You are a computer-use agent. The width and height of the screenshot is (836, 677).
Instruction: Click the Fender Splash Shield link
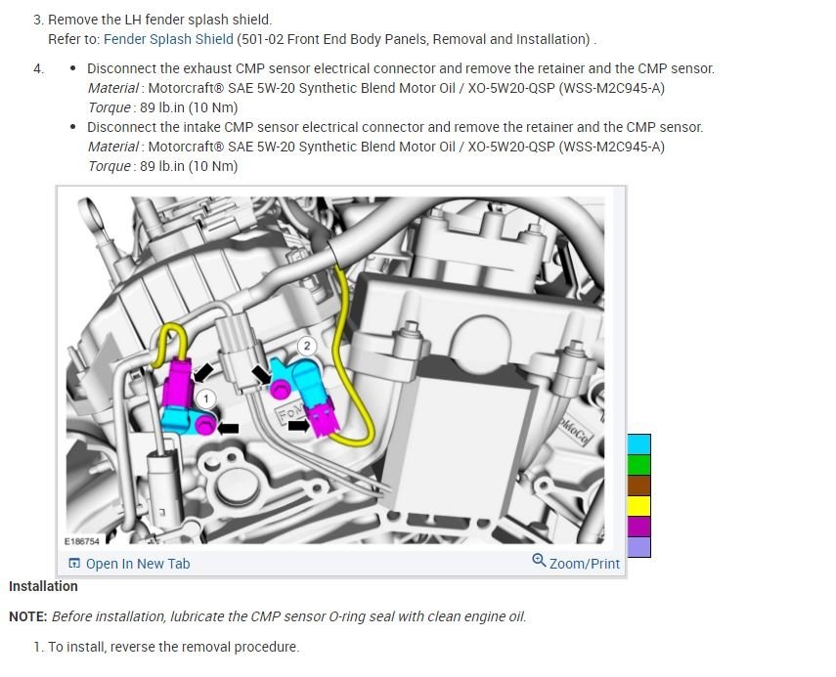(x=168, y=39)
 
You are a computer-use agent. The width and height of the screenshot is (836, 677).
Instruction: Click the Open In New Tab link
(x=138, y=564)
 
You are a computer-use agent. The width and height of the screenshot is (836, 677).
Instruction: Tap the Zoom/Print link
(x=585, y=564)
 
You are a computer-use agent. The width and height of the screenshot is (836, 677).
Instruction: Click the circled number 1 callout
(x=205, y=398)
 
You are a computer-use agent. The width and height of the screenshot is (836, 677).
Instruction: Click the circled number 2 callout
(x=306, y=346)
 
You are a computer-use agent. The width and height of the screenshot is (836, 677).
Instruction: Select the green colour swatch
(x=638, y=465)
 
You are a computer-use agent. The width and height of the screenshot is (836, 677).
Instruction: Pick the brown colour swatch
(x=638, y=486)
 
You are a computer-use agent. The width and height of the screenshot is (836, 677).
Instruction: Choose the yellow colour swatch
(x=638, y=506)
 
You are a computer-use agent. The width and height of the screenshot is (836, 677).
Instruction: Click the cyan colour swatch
(x=638, y=444)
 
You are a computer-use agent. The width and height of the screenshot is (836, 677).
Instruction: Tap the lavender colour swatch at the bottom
(x=638, y=547)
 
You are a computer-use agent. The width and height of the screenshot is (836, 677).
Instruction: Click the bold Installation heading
(x=43, y=586)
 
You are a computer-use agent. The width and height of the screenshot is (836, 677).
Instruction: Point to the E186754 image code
(x=81, y=540)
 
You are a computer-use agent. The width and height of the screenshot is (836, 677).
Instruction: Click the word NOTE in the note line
(x=27, y=616)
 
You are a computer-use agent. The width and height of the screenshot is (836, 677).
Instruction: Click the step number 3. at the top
(x=38, y=20)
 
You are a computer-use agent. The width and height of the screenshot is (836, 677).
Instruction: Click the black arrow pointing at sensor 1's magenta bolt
(x=228, y=428)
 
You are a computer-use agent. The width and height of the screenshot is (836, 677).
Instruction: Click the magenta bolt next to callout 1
(x=204, y=425)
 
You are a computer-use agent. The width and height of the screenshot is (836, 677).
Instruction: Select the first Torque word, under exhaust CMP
(x=108, y=107)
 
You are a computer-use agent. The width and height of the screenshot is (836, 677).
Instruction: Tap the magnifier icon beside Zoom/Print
(x=539, y=561)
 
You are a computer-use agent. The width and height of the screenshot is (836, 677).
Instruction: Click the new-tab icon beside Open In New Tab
(x=74, y=564)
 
